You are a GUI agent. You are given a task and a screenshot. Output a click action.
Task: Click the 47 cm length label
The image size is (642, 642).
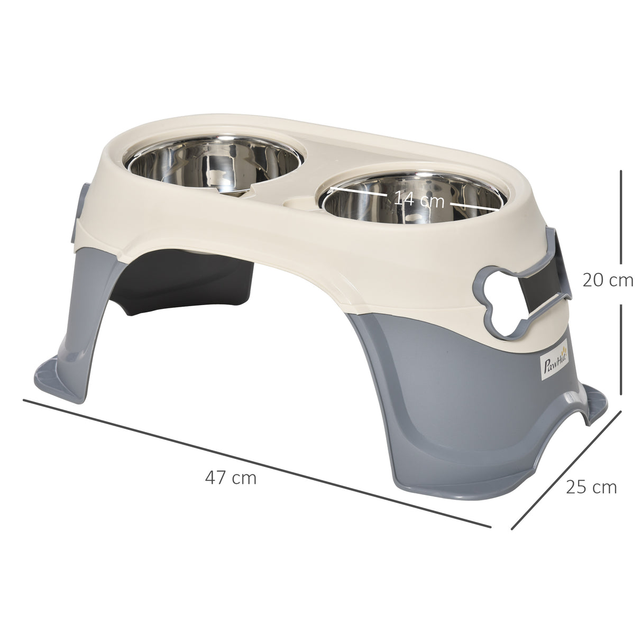231,479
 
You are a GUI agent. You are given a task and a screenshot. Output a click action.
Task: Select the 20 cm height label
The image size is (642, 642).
608,280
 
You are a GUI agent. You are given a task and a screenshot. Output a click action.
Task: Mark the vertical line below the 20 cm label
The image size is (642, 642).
620,349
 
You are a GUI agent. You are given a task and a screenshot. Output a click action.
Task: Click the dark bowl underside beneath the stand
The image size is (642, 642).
196,286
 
